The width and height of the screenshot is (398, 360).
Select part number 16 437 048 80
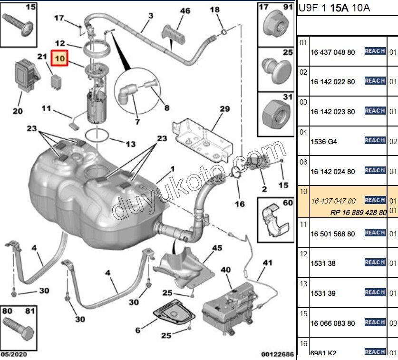(x=332, y=52)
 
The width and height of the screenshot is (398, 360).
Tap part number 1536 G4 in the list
(x=323, y=142)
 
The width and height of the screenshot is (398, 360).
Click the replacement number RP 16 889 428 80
(x=358, y=213)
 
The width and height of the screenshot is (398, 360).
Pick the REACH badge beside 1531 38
(x=375, y=263)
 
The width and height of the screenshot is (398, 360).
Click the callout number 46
(x=184, y=10)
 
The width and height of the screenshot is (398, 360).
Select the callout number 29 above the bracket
(x=224, y=109)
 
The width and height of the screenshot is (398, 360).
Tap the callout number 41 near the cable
(x=268, y=263)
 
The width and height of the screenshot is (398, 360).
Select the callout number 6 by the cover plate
(x=138, y=330)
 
